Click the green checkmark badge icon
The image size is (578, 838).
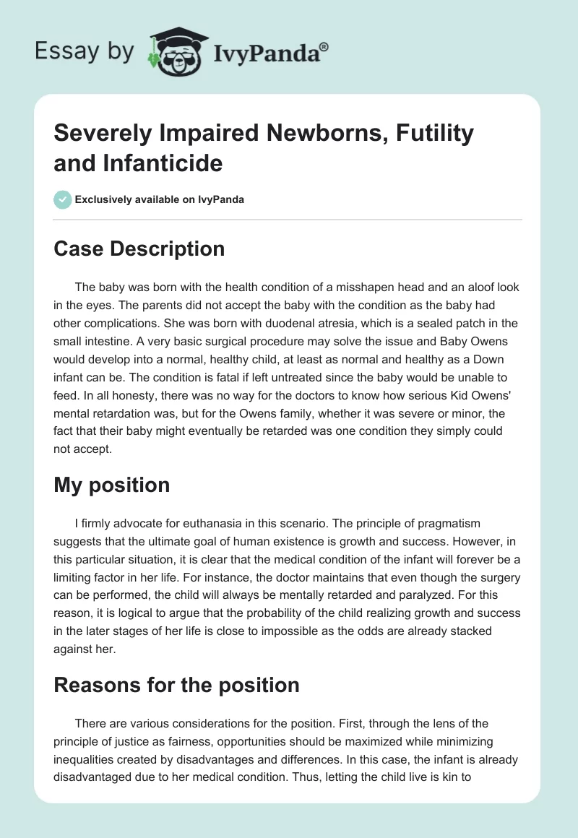click(x=62, y=199)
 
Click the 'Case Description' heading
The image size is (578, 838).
click(x=139, y=249)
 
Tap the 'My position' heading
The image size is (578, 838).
click(x=112, y=485)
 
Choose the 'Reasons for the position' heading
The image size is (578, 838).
click(x=177, y=684)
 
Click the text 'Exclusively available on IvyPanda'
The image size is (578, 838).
click(x=160, y=199)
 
